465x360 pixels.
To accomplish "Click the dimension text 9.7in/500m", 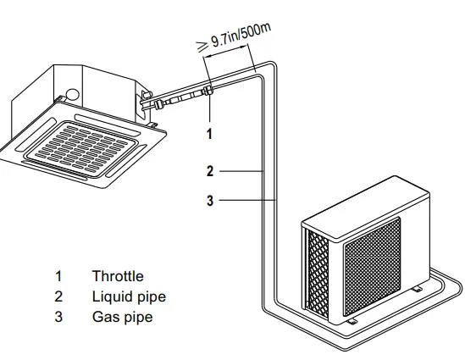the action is click(x=241, y=35).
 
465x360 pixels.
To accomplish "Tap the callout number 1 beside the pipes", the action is click(x=209, y=134).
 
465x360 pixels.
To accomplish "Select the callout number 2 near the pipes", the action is click(x=210, y=171).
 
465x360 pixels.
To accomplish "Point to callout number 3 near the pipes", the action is click(x=210, y=200).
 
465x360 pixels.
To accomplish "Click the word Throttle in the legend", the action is click(x=118, y=276).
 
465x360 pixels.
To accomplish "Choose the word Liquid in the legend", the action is click(x=109, y=297).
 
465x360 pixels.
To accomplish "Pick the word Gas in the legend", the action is click(x=105, y=317).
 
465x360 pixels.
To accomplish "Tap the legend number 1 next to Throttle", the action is click(x=58, y=276).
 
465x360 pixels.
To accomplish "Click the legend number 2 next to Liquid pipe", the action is click(x=58, y=296).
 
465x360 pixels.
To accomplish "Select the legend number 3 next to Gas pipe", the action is click(x=58, y=317).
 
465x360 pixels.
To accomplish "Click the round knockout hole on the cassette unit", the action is click(x=72, y=94).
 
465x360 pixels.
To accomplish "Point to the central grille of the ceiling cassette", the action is click(x=81, y=147).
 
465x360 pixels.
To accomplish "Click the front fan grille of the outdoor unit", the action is click(x=372, y=266).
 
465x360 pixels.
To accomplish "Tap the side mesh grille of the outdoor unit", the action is click(x=318, y=274).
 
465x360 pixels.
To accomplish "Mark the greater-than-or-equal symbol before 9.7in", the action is click(x=202, y=47).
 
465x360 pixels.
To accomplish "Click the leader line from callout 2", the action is click(x=241, y=171).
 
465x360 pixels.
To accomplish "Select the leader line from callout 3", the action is click(x=248, y=200).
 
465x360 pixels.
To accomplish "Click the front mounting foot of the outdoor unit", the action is click(x=352, y=321).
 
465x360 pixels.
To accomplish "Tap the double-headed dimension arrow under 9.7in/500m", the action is click(x=225, y=51).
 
